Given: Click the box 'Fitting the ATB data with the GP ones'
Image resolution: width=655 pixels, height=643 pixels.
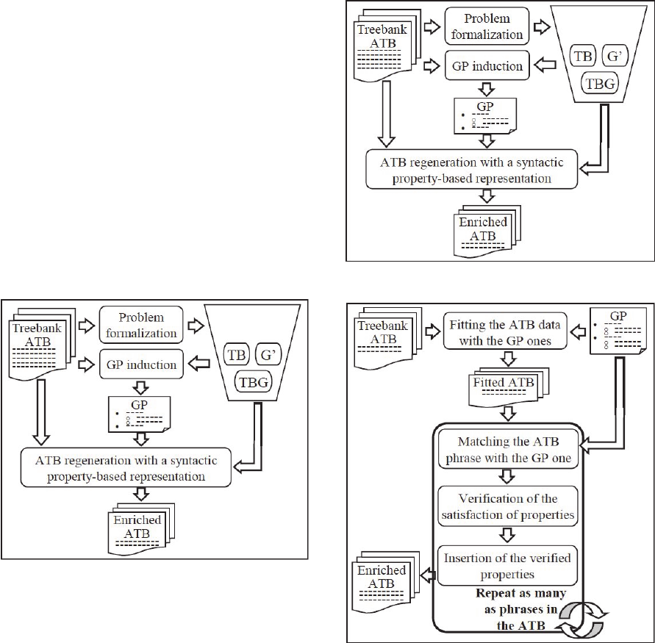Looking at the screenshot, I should pos(501,333).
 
